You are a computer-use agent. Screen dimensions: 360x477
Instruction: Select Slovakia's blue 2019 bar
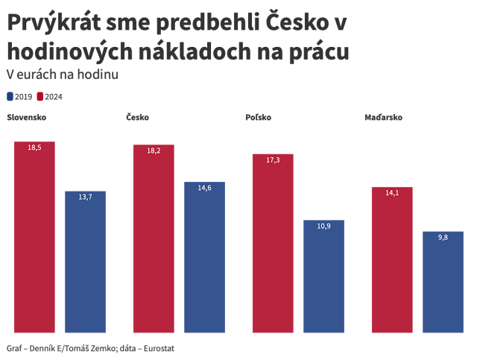pos(85,262)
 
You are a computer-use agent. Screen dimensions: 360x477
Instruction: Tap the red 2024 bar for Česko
pos(154,239)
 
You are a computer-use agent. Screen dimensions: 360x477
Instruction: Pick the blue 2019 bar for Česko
pos(204,257)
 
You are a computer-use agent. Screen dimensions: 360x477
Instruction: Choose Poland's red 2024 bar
pos(273,243)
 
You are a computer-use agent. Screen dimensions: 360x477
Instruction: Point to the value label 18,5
pos(34,148)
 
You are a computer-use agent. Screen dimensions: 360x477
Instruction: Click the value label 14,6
pos(204,188)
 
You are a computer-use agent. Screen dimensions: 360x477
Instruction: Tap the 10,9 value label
pos(323,226)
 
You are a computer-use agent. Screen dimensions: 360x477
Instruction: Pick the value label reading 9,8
pos(443,237)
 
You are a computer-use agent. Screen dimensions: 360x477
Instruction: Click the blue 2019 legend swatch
pos(10,96)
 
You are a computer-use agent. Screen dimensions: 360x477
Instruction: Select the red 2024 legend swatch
pos(40,96)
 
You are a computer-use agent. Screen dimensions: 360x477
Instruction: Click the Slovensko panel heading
pos(27,118)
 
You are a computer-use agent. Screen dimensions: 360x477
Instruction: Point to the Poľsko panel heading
pos(258,118)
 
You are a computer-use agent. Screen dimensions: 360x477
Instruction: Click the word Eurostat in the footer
pos(164,348)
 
